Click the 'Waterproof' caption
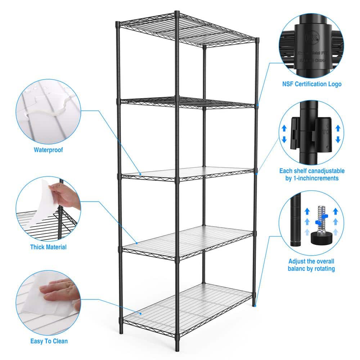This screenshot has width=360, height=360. (x=48, y=150)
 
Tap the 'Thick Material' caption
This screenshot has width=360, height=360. (x=48, y=247)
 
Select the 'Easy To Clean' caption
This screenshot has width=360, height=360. (x=49, y=341)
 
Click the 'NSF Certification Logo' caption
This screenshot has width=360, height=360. (x=312, y=84)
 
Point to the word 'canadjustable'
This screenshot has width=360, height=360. (x=326, y=171)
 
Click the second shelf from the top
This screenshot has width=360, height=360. (x=187, y=102)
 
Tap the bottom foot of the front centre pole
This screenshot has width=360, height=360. (x=177, y=347)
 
